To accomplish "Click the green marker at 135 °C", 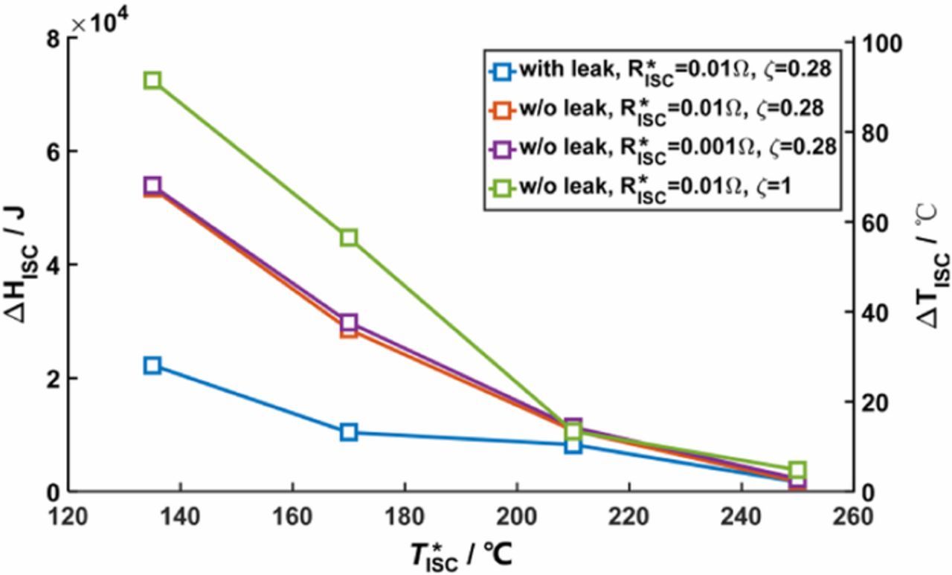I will (x=152, y=80).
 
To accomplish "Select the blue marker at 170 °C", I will (x=349, y=432).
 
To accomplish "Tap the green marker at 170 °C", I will (x=349, y=238).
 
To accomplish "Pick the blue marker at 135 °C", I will (x=152, y=365).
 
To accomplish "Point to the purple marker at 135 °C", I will (x=152, y=185).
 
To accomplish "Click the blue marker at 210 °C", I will (x=573, y=445).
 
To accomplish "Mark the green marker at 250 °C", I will (x=797, y=470).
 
